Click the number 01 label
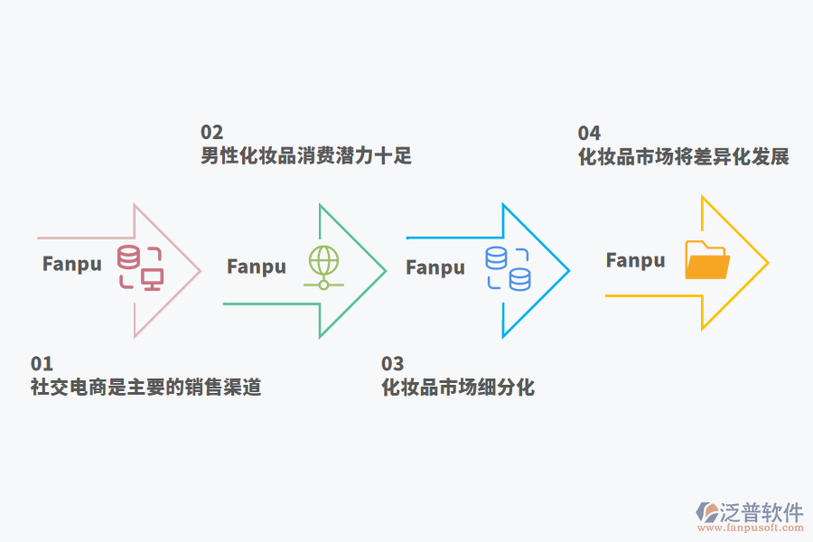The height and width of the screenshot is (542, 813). pos(42,364)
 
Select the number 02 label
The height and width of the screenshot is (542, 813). pos(211,133)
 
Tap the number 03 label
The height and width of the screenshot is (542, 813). pos(392,364)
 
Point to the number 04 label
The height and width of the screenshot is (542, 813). pos(589,134)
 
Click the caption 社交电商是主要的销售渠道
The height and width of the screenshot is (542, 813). pos(145,388)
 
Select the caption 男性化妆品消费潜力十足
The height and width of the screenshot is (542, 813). pos(305,155)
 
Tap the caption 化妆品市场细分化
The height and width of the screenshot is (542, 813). pos(458,388)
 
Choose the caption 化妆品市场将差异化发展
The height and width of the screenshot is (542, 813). pos(683,156)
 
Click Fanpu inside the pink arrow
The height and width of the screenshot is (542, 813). pos(72,265)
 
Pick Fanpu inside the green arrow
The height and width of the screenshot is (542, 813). pos(257,266)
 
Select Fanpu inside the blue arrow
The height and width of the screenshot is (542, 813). pos(435,267)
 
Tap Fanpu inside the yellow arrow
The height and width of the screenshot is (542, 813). pos(635,260)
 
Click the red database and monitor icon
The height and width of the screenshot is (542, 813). pos(141,266)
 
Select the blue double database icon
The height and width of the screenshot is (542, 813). pos(508,268)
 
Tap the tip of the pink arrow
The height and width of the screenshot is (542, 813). pos(200,270)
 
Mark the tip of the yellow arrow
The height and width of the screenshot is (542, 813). pos(768,263)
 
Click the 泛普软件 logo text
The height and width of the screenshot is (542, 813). pos(762,512)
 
